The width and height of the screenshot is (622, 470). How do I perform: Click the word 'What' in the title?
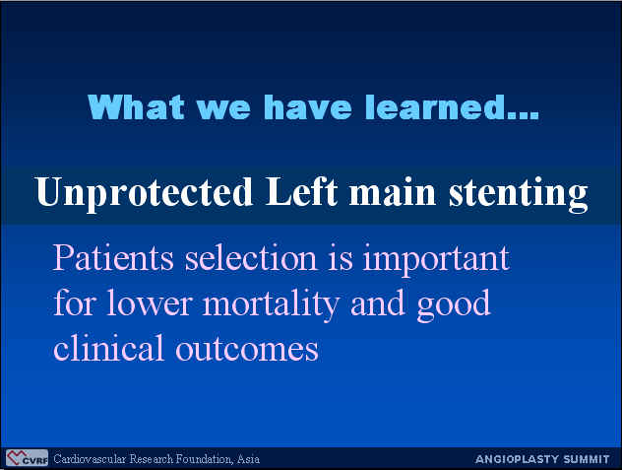click(x=136, y=106)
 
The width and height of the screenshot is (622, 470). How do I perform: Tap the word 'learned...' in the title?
click(x=452, y=106)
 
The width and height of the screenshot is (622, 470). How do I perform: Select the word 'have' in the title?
click(x=307, y=106)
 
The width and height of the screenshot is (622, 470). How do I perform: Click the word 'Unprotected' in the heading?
click(x=144, y=193)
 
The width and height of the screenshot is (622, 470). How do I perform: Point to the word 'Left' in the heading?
click(x=301, y=191)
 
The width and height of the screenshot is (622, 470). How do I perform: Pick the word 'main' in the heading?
click(x=393, y=193)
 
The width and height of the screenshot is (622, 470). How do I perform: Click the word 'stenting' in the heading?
click(x=518, y=194)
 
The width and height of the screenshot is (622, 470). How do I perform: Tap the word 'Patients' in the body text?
click(x=113, y=257)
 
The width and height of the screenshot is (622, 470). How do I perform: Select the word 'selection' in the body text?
click(x=251, y=257)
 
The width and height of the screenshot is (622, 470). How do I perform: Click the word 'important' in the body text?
click(x=436, y=260)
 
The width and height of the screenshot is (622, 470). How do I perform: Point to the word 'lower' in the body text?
click(x=150, y=302)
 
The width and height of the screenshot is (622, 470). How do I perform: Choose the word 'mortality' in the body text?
click(x=271, y=305)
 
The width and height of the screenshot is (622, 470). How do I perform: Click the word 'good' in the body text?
click(x=454, y=305)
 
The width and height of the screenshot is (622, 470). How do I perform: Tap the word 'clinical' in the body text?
click(x=108, y=347)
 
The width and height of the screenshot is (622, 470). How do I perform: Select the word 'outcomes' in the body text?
click(x=247, y=349)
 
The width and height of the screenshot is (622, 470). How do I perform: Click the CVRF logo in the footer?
click(x=27, y=458)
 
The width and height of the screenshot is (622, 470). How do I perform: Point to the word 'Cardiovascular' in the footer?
click(x=90, y=459)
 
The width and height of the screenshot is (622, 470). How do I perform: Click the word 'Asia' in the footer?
click(x=248, y=459)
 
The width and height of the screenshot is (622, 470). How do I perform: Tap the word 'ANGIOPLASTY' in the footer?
click(x=515, y=459)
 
